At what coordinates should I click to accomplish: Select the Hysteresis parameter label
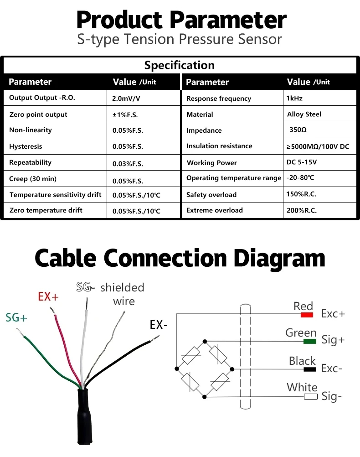[x=26, y=146]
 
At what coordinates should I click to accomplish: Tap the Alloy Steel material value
[x=304, y=114]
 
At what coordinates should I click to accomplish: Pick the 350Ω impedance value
[x=298, y=130]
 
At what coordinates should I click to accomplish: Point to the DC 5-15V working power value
[x=301, y=162]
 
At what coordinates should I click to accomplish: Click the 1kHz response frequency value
[x=294, y=98]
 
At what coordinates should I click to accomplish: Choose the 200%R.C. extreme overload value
[x=301, y=210]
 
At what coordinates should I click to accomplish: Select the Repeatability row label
[x=30, y=162]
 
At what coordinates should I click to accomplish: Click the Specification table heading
[x=179, y=65]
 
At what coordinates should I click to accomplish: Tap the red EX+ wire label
[x=48, y=296]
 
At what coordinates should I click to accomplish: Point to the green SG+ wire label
[x=16, y=317]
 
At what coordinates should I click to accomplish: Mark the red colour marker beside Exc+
[x=307, y=315]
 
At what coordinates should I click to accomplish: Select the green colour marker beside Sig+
[x=310, y=341]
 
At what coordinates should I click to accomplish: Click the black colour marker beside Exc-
[x=310, y=369]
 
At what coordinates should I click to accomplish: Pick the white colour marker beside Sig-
[x=310, y=397]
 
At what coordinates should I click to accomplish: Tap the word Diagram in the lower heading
[x=279, y=258]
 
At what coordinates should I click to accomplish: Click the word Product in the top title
[x=119, y=21]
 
